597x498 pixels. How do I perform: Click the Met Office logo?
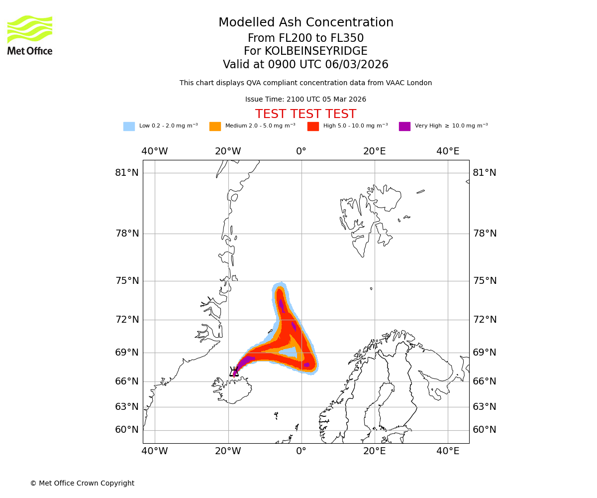pyautogui.click(x=30, y=35)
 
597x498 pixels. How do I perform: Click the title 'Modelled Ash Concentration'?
pyautogui.click(x=305, y=23)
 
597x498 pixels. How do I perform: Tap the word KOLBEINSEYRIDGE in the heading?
pyautogui.click(x=316, y=51)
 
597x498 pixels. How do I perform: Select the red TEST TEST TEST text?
pyautogui.click(x=305, y=114)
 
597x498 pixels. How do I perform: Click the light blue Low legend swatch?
pyautogui.click(x=129, y=126)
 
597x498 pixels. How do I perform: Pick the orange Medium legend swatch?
pyautogui.click(x=215, y=126)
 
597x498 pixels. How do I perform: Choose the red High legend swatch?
pyautogui.click(x=313, y=126)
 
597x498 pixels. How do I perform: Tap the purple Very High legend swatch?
pyautogui.click(x=404, y=126)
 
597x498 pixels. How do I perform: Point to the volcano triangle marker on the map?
pyautogui.click(x=234, y=372)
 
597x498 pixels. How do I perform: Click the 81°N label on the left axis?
pyautogui.click(x=127, y=173)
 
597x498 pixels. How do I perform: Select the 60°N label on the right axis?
pyautogui.click(x=485, y=430)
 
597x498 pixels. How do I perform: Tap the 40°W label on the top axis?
pyautogui.click(x=155, y=151)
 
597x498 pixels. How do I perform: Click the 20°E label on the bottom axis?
pyautogui.click(x=375, y=451)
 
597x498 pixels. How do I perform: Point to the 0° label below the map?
pyautogui.click(x=301, y=451)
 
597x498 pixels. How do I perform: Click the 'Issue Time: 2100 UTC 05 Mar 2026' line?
pyautogui.click(x=305, y=100)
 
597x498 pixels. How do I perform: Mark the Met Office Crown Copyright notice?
pyautogui.click(x=82, y=483)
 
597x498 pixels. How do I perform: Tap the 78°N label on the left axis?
pyautogui.click(x=127, y=234)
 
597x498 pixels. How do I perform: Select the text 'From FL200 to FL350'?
pyautogui.click(x=305, y=38)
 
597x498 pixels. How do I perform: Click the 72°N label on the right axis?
pyautogui.click(x=485, y=320)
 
